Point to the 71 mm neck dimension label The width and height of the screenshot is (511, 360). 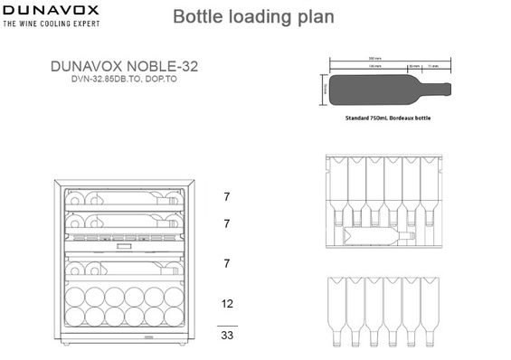click(x=433, y=67)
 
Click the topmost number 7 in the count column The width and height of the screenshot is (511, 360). click(x=227, y=196)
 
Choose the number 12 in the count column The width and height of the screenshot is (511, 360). click(x=227, y=304)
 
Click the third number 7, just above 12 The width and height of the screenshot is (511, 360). click(x=227, y=263)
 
